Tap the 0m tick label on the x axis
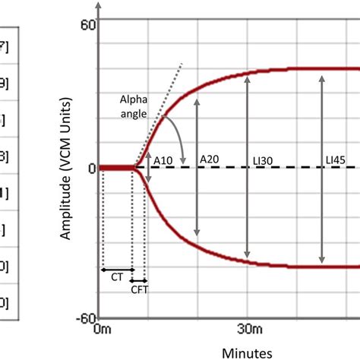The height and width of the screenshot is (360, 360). click(x=102, y=330)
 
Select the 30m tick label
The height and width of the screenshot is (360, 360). click(x=248, y=330)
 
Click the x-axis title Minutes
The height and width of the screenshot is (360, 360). click(x=248, y=352)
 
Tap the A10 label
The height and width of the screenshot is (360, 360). click(x=163, y=160)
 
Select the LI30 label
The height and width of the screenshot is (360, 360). click(x=261, y=160)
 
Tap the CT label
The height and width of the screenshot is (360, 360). click(x=117, y=279)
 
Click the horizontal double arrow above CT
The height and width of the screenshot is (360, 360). click(x=117, y=270)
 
